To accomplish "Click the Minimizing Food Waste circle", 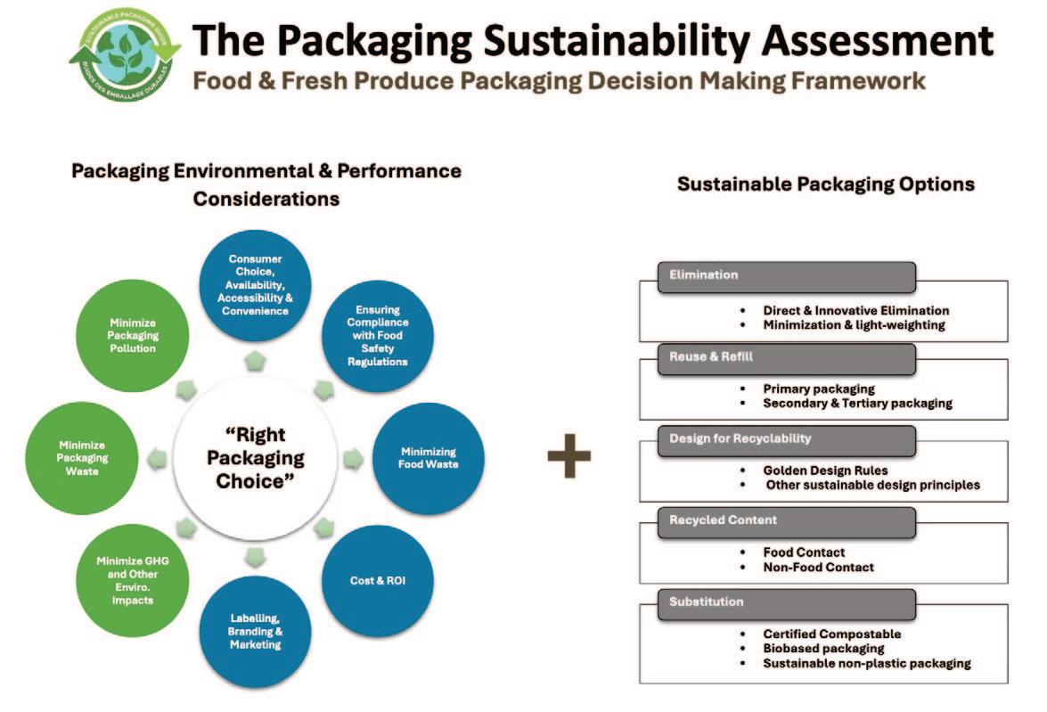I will click(429, 458).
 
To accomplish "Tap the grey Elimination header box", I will click(786, 276).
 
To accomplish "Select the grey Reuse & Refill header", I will click(786, 357).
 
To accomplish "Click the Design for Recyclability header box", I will click(786, 439).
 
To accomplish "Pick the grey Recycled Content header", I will click(786, 520).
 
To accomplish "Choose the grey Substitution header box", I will click(786, 602).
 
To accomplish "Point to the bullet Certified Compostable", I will click(832, 634).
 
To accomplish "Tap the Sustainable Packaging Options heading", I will click(825, 184).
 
